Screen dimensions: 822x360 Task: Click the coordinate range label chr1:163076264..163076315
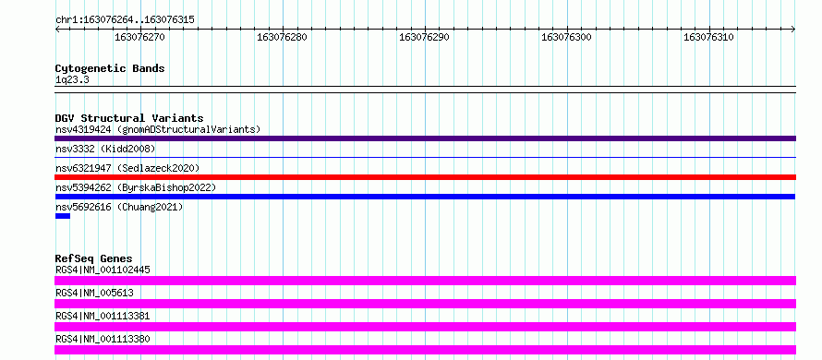click(x=125, y=20)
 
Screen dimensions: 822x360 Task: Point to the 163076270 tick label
click(x=139, y=37)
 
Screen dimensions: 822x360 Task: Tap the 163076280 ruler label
click(x=282, y=37)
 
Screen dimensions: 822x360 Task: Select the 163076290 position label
click(x=424, y=37)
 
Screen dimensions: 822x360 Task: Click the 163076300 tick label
click(x=566, y=37)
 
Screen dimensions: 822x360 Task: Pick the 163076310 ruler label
click(x=708, y=37)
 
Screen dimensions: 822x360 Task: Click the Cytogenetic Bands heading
click(x=110, y=68)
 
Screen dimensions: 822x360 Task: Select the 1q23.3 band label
click(x=72, y=79)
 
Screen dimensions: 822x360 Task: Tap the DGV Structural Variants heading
click(x=129, y=118)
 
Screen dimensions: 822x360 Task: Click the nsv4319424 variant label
click(x=83, y=129)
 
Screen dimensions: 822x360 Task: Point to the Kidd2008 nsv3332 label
click(x=105, y=149)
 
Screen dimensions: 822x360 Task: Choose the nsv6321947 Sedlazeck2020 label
click(x=127, y=168)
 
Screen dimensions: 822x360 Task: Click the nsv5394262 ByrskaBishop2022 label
click(x=136, y=187)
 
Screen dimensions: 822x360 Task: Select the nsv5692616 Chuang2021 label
click(x=119, y=207)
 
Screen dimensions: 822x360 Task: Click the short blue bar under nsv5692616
click(x=63, y=216)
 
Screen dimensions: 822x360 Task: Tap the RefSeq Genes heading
click(x=94, y=258)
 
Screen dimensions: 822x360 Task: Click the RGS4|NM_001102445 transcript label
click(x=103, y=270)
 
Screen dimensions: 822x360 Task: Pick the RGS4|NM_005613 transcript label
click(x=94, y=293)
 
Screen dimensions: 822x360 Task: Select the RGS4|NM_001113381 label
click(x=103, y=316)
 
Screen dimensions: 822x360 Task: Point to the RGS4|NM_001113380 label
click(x=103, y=339)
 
